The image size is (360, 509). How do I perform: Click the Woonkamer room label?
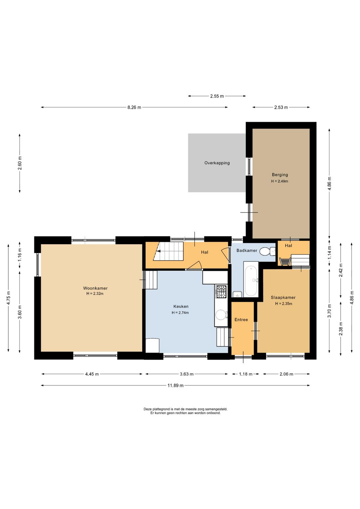tap(95, 288)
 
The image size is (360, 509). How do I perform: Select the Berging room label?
tap(280, 175)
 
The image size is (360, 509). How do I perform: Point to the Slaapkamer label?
tap(283, 298)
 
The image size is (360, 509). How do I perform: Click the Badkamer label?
tap(247, 250)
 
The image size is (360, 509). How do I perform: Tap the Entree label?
tap(241, 320)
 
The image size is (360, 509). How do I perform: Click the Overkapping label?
tap(217, 163)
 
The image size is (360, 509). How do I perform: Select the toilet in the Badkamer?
tap(267, 251)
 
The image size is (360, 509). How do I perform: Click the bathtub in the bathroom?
tap(251, 279)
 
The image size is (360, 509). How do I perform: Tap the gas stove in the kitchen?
tap(221, 292)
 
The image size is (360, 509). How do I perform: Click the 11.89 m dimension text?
tap(175, 385)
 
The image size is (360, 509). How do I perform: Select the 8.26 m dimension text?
tap(134, 107)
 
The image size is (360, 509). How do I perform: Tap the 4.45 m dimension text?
tap(92, 374)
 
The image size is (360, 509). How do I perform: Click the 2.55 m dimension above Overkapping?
tap(217, 96)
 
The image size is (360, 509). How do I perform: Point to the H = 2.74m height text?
tap(180, 313)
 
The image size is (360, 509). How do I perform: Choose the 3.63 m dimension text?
tap(186, 374)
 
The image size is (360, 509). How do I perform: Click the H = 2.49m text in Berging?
tap(280, 181)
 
